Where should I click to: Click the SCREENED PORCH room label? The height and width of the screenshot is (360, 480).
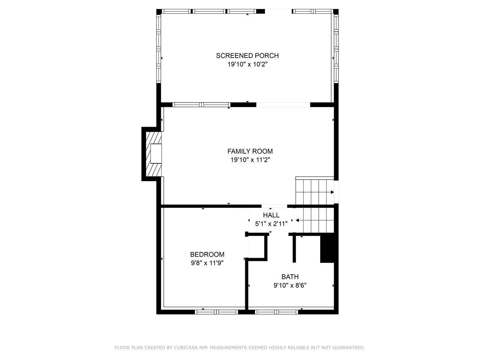[247, 56]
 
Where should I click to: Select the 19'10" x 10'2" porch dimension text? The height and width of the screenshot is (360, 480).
[247, 64]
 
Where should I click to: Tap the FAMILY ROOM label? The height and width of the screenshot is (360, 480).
[250, 151]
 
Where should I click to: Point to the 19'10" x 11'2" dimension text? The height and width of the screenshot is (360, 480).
[250, 160]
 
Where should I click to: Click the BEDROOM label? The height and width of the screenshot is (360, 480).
[207, 255]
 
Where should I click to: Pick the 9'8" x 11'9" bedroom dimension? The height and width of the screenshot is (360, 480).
[207, 263]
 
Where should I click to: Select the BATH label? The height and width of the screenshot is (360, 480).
[290, 277]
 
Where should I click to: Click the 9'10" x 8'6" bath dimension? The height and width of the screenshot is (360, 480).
[290, 285]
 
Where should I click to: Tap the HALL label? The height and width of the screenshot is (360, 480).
[271, 215]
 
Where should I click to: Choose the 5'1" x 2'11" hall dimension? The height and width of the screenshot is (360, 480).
[271, 224]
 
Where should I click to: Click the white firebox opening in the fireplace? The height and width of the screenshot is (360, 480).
[156, 153]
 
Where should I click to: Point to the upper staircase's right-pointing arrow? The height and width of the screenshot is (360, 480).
[332, 192]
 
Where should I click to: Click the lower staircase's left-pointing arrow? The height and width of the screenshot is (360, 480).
[297, 220]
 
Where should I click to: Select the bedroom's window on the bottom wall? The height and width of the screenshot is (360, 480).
[216, 312]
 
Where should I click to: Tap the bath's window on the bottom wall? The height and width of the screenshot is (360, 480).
[277, 312]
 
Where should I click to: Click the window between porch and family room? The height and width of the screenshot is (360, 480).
[201, 105]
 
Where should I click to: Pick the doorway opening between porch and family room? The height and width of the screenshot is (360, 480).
[283, 105]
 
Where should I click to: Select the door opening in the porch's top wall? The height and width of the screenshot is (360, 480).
[278, 12]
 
